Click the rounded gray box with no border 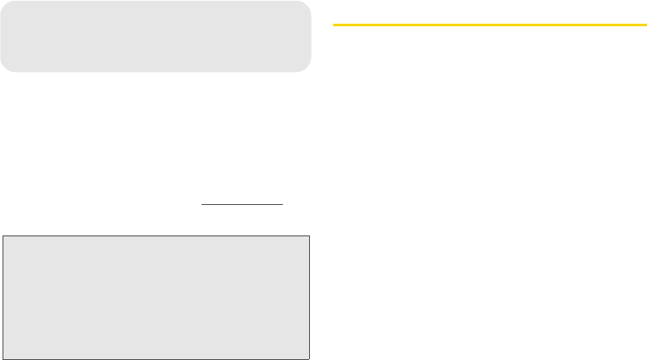(x=156, y=36)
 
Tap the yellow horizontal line (x=489, y=25)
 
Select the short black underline (x=241, y=204)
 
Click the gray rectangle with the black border (x=156, y=298)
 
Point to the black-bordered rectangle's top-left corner (x=2, y=236)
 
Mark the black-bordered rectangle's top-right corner (x=310, y=236)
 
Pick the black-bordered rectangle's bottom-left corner (x=2, y=359)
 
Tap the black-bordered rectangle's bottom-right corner (x=310, y=359)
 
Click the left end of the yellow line (x=334, y=25)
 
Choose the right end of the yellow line (x=645, y=25)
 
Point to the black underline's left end (x=202, y=204)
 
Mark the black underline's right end (x=282, y=204)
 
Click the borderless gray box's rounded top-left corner (x=4, y=4)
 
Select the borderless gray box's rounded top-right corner (x=307, y=4)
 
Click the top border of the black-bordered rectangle (x=156, y=236)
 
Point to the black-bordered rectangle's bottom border (x=156, y=359)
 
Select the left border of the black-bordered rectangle (x=2, y=298)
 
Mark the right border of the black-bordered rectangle (x=310, y=298)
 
